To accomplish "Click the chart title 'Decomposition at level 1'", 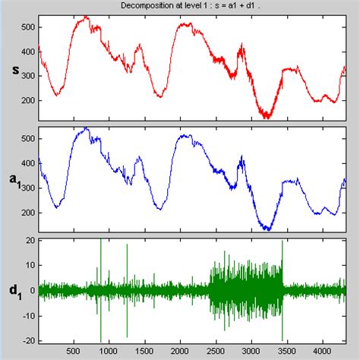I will tap(180, 6).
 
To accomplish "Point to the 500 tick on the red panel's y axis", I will tap(27, 27).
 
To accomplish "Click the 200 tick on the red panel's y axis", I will tap(27, 100).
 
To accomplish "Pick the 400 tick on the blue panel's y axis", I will tap(27, 163).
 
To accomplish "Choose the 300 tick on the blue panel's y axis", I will tap(27, 188).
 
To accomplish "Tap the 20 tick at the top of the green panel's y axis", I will tap(30, 241).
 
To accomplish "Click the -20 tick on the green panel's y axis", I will tap(29, 339).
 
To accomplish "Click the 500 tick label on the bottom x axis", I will tap(74, 351).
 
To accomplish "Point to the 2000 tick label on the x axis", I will tap(180, 351).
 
